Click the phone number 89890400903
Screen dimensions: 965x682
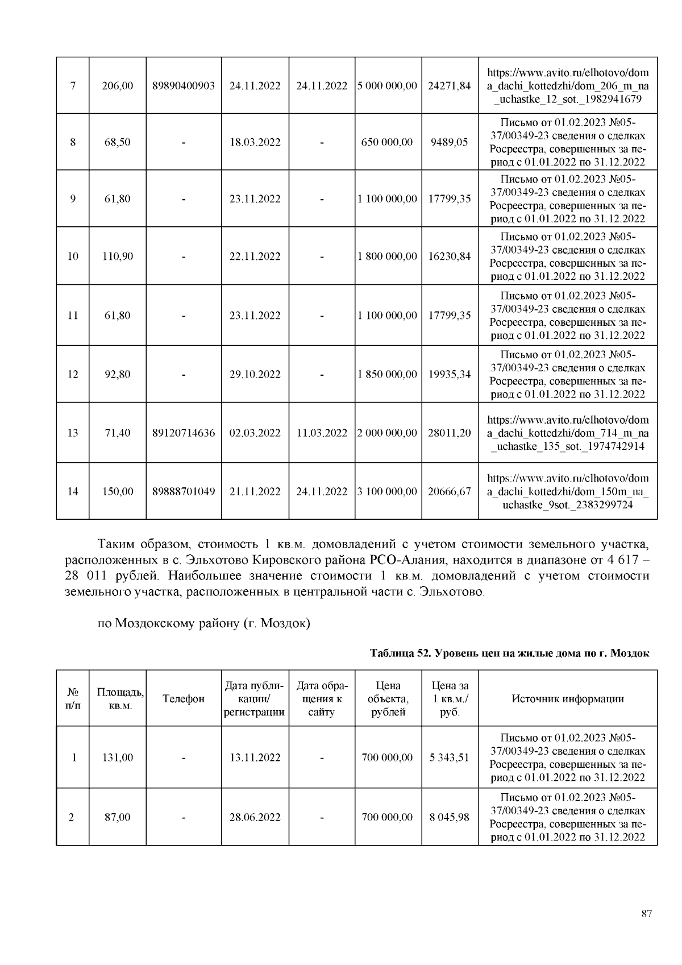tap(183, 86)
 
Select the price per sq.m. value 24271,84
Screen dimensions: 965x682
tap(449, 86)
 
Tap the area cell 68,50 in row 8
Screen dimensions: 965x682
tap(117, 142)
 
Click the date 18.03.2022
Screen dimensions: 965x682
tap(255, 142)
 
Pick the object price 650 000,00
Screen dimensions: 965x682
tap(387, 142)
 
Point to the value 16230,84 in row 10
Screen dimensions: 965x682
tap(449, 256)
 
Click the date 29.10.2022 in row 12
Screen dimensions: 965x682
tap(255, 374)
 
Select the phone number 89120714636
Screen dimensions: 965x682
tap(183, 433)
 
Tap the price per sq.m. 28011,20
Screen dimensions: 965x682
tap(449, 433)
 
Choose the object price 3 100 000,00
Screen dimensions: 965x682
tap(387, 491)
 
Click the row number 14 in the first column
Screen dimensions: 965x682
tap(72, 491)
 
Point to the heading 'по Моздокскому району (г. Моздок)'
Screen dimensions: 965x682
tap(204, 623)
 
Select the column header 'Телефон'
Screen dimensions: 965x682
tap(183, 699)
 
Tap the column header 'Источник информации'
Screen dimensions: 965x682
tap(567, 699)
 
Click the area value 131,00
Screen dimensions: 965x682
tap(117, 757)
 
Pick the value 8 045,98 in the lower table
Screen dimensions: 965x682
tap(449, 817)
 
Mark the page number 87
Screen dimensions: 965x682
tap(646, 914)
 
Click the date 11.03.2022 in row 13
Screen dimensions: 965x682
tap(322, 433)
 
